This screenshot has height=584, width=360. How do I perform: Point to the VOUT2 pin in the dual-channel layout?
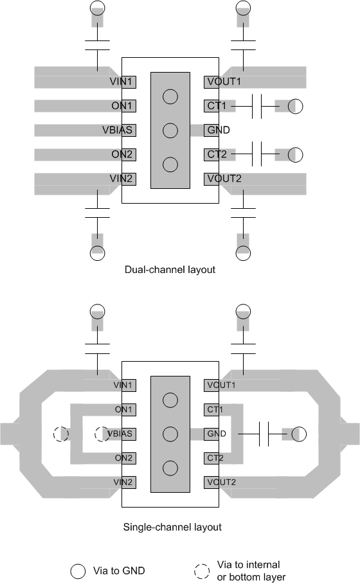pos(223,178)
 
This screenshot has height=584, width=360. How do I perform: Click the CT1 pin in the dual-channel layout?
pos(217,106)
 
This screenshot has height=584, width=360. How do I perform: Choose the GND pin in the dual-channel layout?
pos(218,130)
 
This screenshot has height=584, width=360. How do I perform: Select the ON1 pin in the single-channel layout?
pos(123,409)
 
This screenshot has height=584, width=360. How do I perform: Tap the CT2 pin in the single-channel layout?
pos(215,458)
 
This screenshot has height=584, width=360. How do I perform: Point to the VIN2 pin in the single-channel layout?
pos(123,482)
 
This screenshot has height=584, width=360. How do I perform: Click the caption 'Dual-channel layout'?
pos(170,270)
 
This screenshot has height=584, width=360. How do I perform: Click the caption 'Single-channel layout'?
pos(172,527)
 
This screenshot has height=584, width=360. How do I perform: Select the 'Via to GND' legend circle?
pos(78,570)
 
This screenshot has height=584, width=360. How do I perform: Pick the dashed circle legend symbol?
pos(202,570)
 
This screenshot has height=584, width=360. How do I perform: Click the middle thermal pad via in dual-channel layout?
pos(170,130)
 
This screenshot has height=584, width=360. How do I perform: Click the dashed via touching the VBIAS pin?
pos(102,434)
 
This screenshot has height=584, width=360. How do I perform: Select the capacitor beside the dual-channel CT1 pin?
pos(256,106)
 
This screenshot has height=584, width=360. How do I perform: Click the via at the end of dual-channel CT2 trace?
pos(295,154)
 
